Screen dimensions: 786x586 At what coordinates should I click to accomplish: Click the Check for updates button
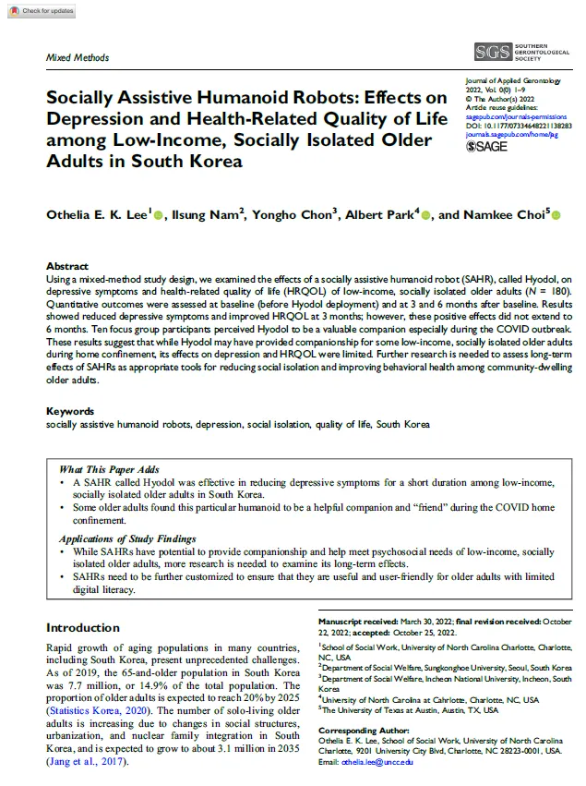[x=39, y=10]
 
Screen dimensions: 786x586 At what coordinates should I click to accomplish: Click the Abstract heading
[x=67, y=264]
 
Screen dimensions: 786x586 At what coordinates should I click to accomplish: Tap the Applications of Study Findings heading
[x=127, y=538]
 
